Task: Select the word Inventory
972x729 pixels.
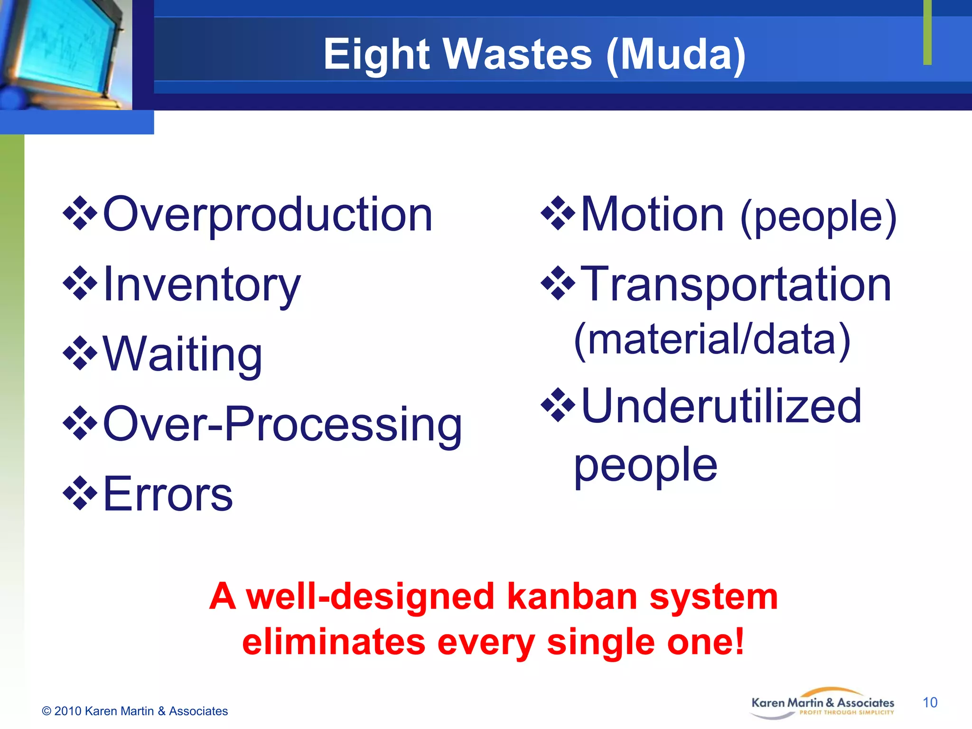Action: pos(202,285)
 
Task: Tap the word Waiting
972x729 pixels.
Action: pos(182,355)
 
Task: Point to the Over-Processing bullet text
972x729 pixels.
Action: pos(282,424)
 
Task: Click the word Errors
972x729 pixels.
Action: pos(168,495)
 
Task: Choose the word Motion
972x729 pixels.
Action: pos(653,215)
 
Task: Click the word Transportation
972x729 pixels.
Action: pos(736,285)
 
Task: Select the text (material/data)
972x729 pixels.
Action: pos(712,340)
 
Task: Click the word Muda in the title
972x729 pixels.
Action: pos(676,55)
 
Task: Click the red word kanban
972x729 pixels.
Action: pos(572,597)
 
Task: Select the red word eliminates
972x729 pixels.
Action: pos(334,642)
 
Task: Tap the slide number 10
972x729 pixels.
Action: pos(930,702)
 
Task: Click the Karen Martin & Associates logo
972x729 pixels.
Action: pos(822,704)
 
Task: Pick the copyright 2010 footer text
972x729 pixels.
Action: pos(135,711)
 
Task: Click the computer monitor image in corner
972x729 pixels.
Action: pos(62,52)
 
